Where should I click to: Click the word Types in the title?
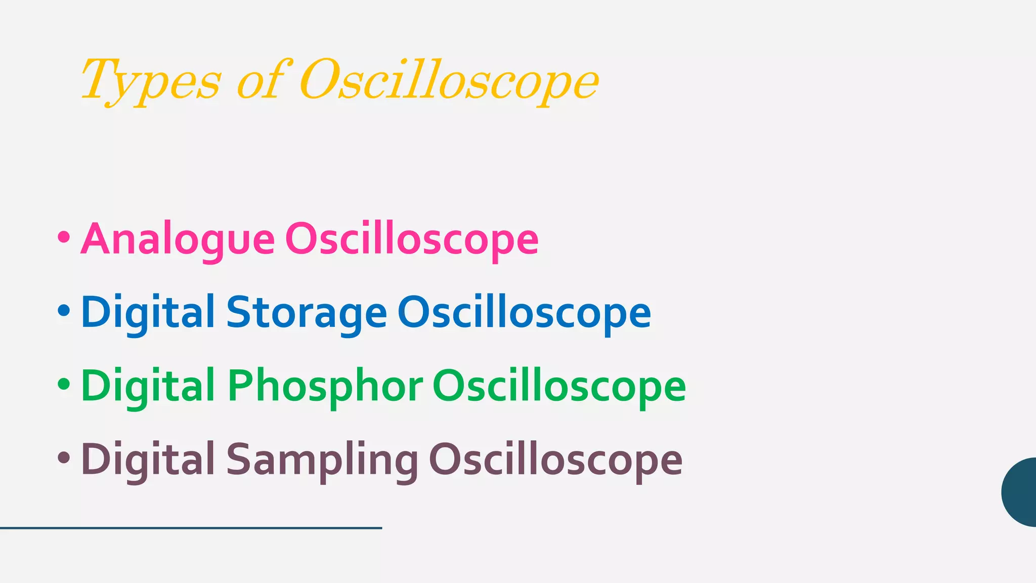(151, 81)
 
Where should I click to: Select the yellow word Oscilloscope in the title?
(449, 81)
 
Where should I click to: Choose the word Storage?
(307, 313)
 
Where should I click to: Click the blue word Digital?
(148, 313)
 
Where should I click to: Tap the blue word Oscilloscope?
(524, 313)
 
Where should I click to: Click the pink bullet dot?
(64, 237)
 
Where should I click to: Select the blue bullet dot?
(64, 310)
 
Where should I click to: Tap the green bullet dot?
(64, 384)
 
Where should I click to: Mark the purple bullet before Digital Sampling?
(64, 457)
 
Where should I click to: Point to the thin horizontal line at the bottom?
(191, 528)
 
